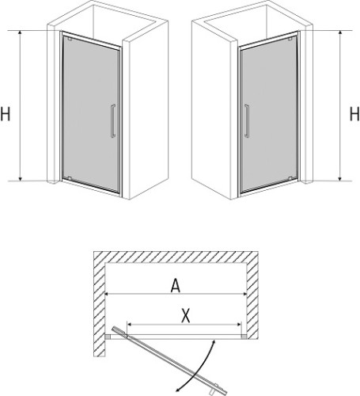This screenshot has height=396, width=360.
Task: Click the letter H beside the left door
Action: pos(6,114)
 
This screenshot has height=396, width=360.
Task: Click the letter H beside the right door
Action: pos(354,114)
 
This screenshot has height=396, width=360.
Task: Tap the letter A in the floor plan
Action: pos(176,286)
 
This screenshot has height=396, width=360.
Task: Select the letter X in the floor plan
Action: pos(186,316)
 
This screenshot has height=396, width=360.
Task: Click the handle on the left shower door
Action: pos(113,121)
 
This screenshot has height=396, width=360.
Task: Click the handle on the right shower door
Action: pos(247,121)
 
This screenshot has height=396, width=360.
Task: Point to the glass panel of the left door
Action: pos(91,113)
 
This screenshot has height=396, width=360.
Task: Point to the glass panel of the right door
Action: pos(269,113)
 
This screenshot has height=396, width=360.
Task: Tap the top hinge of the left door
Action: pos(70,39)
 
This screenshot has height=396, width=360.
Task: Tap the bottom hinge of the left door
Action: pos(69,177)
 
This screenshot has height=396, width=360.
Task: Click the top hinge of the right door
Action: pos(290,39)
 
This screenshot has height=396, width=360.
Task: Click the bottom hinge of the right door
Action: pos(290,177)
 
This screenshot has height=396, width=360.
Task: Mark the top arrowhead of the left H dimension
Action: pos(20,32)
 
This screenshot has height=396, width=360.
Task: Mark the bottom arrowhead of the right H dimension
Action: pos(340,179)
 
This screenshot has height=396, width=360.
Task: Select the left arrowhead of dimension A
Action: pos(108,294)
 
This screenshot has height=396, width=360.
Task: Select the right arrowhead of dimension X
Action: pos(240,324)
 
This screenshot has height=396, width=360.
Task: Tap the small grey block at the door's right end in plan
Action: pos(244,337)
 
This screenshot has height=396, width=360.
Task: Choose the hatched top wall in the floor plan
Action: pos(176,257)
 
